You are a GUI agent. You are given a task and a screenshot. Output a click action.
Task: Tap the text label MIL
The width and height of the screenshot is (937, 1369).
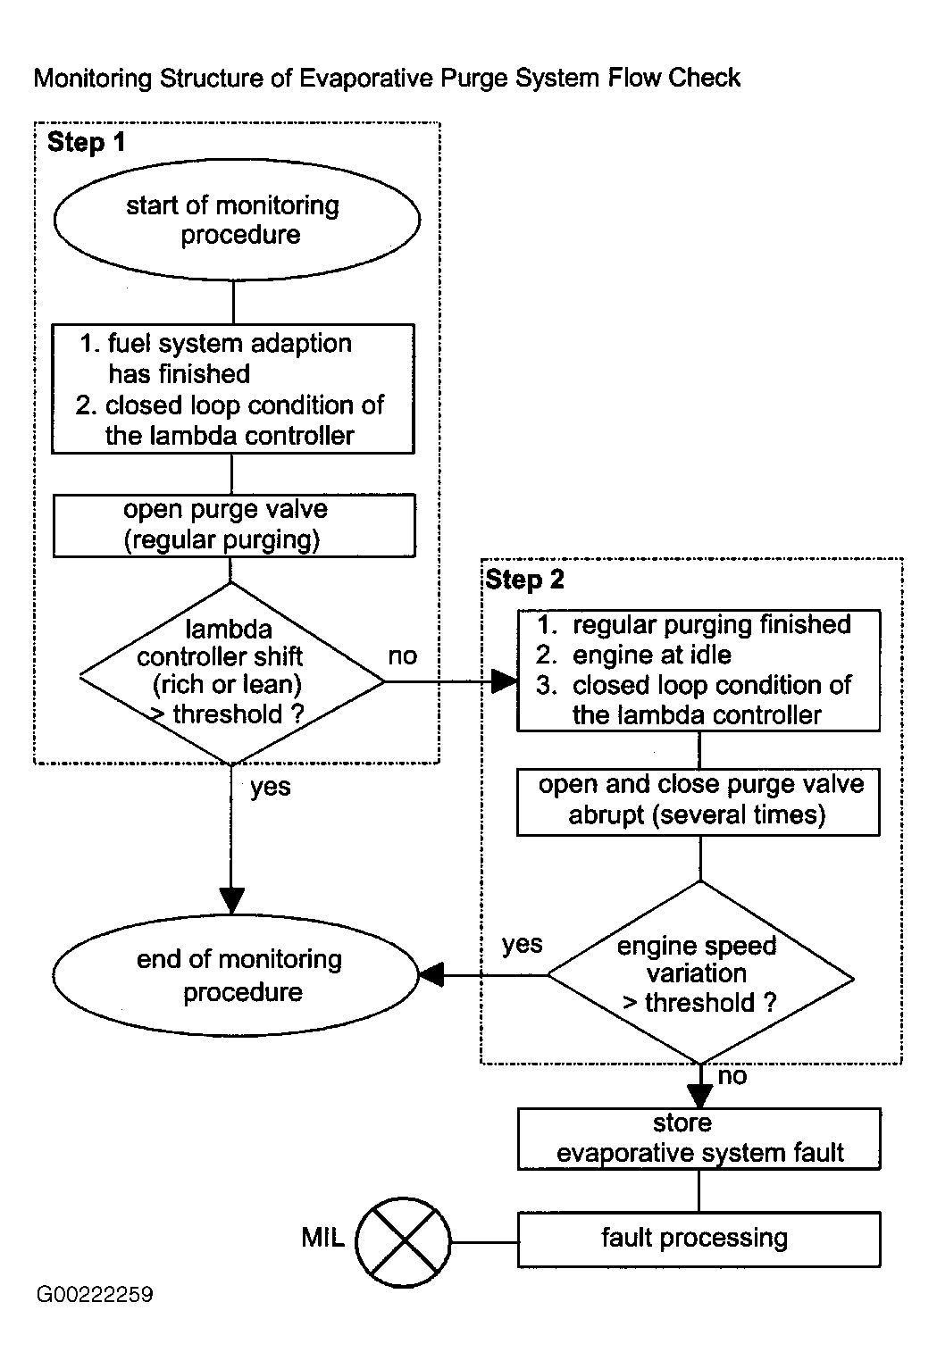pos(322,1238)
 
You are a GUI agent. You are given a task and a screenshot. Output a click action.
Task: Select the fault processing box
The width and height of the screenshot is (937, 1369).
pos(699,1240)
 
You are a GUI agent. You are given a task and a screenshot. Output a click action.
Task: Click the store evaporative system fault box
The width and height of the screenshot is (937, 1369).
pos(699,1139)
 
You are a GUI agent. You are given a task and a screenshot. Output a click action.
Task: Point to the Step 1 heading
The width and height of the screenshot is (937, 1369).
pos(86,142)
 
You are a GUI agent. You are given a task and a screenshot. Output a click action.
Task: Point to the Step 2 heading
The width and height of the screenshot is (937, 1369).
pos(524,580)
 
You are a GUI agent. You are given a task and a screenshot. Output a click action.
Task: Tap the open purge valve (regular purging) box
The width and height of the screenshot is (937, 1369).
pos(234,526)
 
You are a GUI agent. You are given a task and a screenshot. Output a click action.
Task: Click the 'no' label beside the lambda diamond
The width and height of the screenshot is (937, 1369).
pos(403,656)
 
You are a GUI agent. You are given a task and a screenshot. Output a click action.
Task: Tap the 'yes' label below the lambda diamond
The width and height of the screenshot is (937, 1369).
pos(270,788)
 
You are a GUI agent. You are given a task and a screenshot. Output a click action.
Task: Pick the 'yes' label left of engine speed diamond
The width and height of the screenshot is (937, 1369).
pos(522,945)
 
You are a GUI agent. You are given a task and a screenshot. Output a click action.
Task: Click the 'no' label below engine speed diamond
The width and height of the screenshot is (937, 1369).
pos(732,1076)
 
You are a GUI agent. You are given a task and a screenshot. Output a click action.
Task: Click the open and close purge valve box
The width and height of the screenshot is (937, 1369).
pos(699,802)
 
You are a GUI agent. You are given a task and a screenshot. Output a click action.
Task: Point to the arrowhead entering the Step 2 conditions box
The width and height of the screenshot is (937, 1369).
pos(505,680)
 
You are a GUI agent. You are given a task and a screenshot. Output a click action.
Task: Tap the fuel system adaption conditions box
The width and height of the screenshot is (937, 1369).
pos(233,388)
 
